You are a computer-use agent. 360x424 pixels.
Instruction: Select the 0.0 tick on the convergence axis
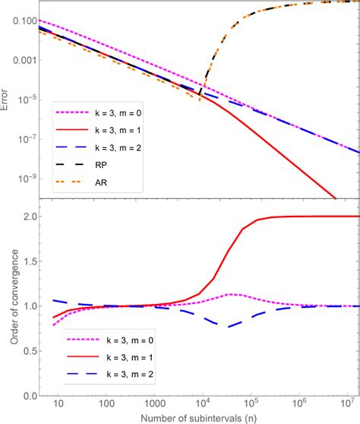coord(27,394)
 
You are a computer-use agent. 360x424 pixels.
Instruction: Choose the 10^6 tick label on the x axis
coord(305,403)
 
